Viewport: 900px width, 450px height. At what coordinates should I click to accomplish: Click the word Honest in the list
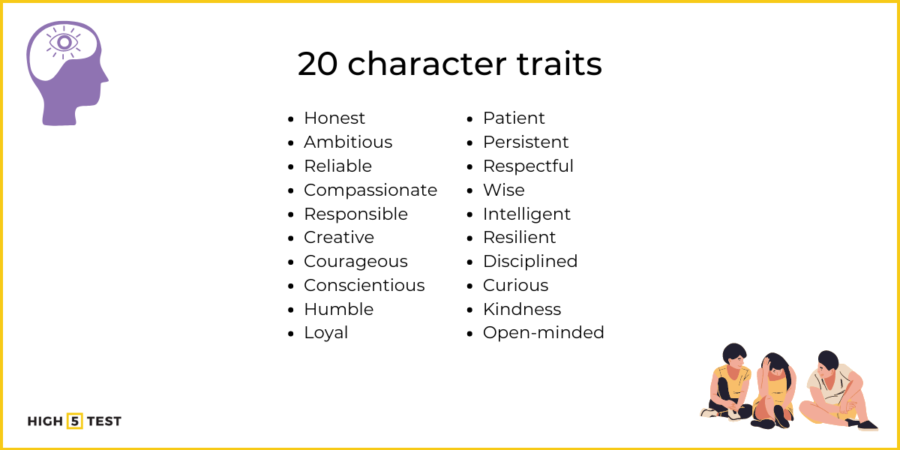(x=334, y=118)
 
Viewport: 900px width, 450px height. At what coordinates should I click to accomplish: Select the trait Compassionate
(x=370, y=190)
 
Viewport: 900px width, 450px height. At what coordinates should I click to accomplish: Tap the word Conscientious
(x=364, y=286)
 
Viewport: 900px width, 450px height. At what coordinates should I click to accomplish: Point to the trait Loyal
(x=325, y=333)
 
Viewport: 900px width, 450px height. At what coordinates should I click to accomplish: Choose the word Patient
(x=514, y=118)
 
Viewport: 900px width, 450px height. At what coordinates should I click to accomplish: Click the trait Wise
(x=503, y=190)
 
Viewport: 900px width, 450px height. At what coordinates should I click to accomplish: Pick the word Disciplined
(x=529, y=262)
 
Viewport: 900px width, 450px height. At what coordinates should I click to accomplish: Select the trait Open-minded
(x=543, y=333)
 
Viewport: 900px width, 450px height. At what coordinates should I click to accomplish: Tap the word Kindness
(x=521, y=310)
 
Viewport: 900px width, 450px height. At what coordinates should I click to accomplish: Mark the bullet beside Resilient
(x=470, y=238)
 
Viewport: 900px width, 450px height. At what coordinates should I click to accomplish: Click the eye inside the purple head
(x=64, y=41)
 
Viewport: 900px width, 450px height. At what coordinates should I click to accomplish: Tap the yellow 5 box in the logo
(x=75, y=421)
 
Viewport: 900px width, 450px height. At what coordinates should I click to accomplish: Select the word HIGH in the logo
(x=45, y=421)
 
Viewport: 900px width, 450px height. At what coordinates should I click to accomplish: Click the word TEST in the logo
(x=103, y=421)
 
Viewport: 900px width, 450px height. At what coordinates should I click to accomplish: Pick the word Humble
(x=337, y=310)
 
